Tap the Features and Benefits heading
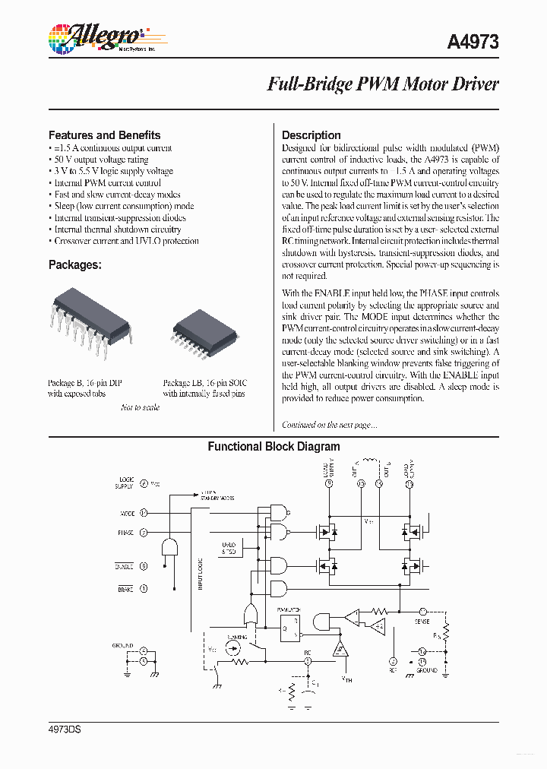pyautogui.click(x=104, y=135)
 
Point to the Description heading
pyautogui.click(x=311, y=135)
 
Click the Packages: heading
pyautogui.click(x=74, y=265)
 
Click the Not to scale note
pyautogui.click(x=141, y=408)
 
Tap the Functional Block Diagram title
pyautogui.click(x=273, y=447)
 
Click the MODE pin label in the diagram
pyautogui.click(x=127, y=514)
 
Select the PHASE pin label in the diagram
pyautogui.click(x=125, y=533)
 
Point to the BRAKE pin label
pyautogui.click(x=125, y=589)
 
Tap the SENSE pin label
pyautogui.click(x=422, y=621)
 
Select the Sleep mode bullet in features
pyautogui.click(x=123, y=206)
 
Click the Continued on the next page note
pyautogui.click(x=329, y=426)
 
